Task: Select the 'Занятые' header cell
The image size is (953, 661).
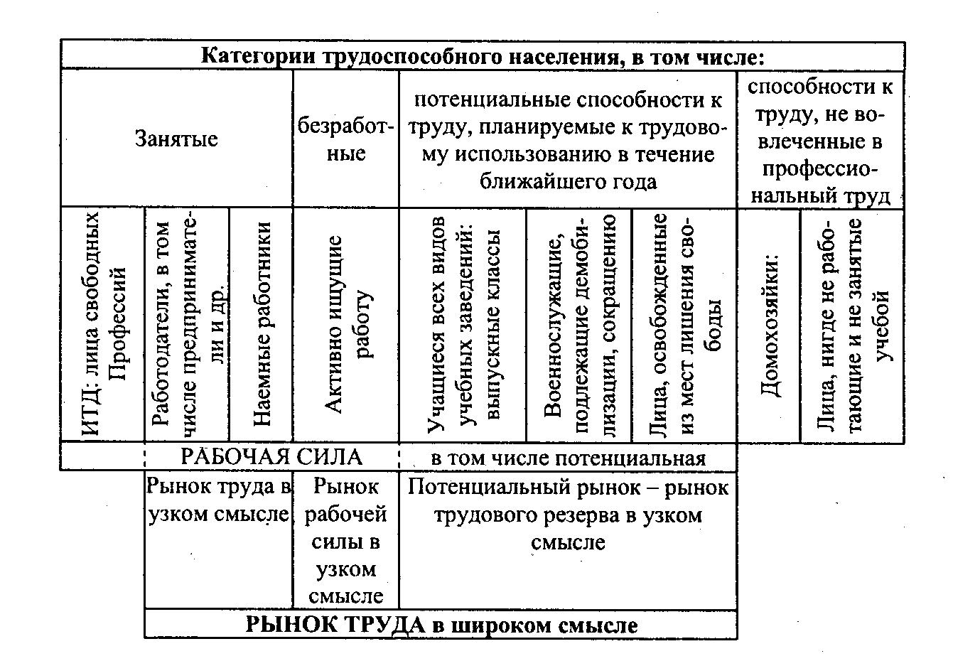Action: (176, 139)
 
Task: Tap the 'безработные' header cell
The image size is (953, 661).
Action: (345, 140)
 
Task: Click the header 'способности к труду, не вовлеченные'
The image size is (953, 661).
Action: (820, 140)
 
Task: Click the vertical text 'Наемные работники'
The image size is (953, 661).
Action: (262, 325)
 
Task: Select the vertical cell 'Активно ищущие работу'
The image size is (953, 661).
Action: (345, 325)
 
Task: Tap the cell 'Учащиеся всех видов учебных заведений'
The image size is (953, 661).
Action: (463, 325)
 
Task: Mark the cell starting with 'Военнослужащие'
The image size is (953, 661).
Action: (578, 325)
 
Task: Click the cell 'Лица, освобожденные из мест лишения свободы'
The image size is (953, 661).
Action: (684, 325)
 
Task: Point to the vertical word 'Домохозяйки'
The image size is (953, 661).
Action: (770, 325)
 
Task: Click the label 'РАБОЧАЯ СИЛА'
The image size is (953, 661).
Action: (271, 457)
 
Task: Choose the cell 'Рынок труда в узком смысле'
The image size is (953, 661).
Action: (218, 500)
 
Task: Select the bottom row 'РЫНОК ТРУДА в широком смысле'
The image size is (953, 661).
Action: (441, 625)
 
